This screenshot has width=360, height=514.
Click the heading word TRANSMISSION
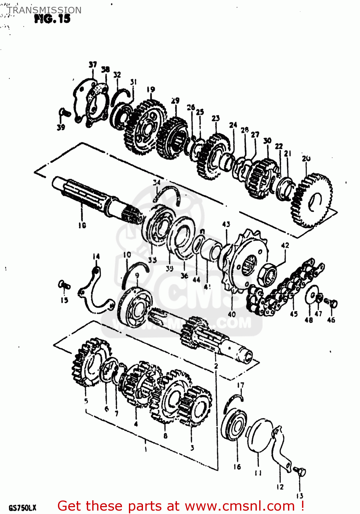(45, 10)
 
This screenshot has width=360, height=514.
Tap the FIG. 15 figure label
(52, 19)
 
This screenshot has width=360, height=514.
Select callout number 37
(93, 65)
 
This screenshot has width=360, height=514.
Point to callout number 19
(151, 90)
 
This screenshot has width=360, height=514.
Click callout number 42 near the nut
(285, 245)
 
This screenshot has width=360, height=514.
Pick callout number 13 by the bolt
(300, 496)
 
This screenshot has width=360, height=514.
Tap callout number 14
(96, 256)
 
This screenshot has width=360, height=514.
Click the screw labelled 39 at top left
(64, 112)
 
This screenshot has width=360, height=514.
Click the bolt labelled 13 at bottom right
(301, 473)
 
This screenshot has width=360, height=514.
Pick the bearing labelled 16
(234, 425)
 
